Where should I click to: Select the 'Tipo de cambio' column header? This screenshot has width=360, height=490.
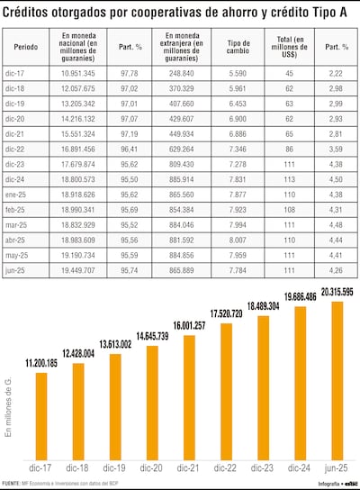238,44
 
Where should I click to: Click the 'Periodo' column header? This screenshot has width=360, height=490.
27,44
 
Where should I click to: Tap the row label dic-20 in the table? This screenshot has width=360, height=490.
25,118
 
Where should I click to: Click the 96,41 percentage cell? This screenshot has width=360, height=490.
126,149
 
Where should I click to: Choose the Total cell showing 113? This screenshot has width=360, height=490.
284,179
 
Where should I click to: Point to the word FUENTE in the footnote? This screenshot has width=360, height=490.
12,484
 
